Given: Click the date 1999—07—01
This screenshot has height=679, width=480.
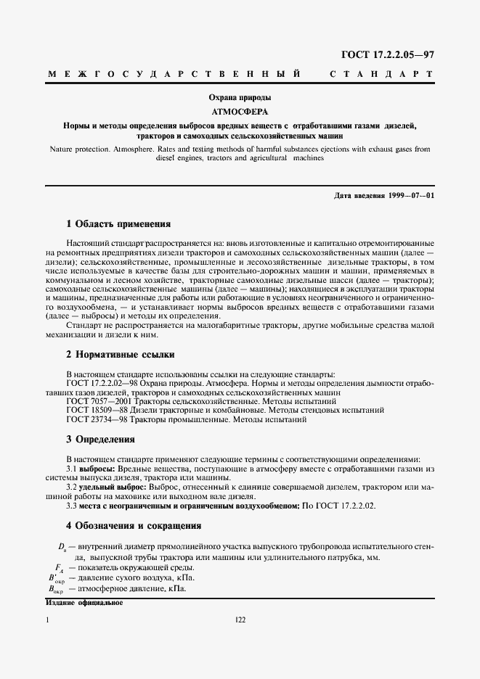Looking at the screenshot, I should tap(410, 196).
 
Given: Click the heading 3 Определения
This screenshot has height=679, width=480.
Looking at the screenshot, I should tap(100, 440).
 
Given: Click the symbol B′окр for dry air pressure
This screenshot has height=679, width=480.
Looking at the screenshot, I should tap(55, 578).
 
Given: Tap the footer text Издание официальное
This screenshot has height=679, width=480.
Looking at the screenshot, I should tap(84, 603).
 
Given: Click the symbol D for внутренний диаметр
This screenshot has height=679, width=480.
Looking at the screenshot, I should tap(62, 545).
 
